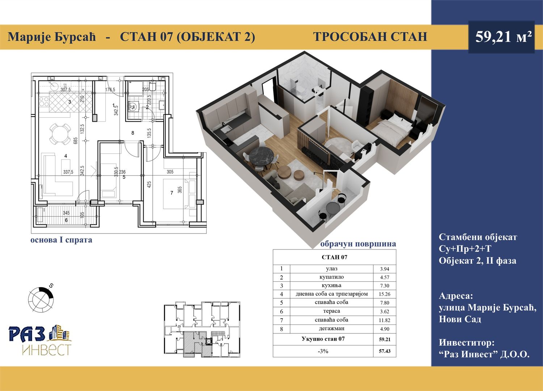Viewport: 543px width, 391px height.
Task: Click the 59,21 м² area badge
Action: (501, 37)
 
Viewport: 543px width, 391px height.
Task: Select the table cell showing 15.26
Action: (384, 294)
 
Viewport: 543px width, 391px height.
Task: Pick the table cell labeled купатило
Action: (331, 277)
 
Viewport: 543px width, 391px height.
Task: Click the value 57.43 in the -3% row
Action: (385, 351)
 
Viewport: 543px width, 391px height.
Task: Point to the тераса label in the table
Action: (331, 311)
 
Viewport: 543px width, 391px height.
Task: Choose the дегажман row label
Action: (331, 329)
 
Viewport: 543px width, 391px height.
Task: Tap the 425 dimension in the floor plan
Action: (149, 185)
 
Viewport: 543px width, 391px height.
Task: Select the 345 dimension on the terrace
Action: (66, 213)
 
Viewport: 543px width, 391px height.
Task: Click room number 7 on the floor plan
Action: (172, 193)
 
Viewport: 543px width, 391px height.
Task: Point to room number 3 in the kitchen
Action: (70, 102)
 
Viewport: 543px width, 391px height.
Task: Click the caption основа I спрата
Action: (61, 240)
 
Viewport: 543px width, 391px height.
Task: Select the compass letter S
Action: (51, 286)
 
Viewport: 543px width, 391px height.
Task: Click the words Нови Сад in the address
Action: (460, 319)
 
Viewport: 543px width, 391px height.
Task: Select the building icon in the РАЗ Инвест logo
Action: (60, 332)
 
